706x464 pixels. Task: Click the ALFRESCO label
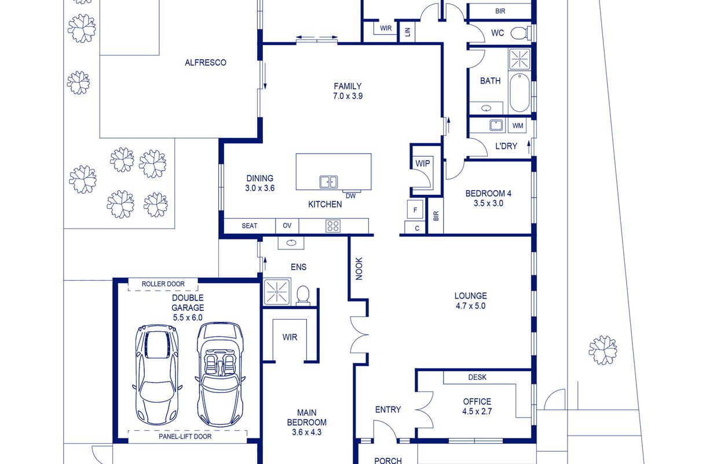[x=206, y=63]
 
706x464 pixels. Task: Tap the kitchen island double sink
[x=328, y=182]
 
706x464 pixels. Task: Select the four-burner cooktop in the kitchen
[x=333, y=226]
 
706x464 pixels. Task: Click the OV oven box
[x=287, y=226]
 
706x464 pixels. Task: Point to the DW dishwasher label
[x=350, y=196]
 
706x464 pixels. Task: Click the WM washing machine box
[x=518, y=126]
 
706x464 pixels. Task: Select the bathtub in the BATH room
[x=520, y=92]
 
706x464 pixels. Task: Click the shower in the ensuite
[x=277, y=292]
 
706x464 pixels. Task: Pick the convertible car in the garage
[x=220, y=375]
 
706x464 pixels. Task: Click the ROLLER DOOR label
[x=163, y=284]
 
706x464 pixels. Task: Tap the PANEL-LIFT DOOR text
[x=185, y=437]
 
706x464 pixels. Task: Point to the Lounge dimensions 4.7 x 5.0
[x=470, y=306]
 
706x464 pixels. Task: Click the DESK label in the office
[x=477, y=377]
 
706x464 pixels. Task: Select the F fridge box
[x=415, y=209]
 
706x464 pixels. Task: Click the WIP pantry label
[x=423, y=164]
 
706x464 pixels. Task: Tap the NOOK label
[x=359, y=269]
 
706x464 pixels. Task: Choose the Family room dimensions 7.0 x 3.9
[x=347, y=96]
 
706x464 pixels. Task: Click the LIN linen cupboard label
[x=407, y=32]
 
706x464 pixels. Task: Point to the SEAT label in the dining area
[x=249, y=226]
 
